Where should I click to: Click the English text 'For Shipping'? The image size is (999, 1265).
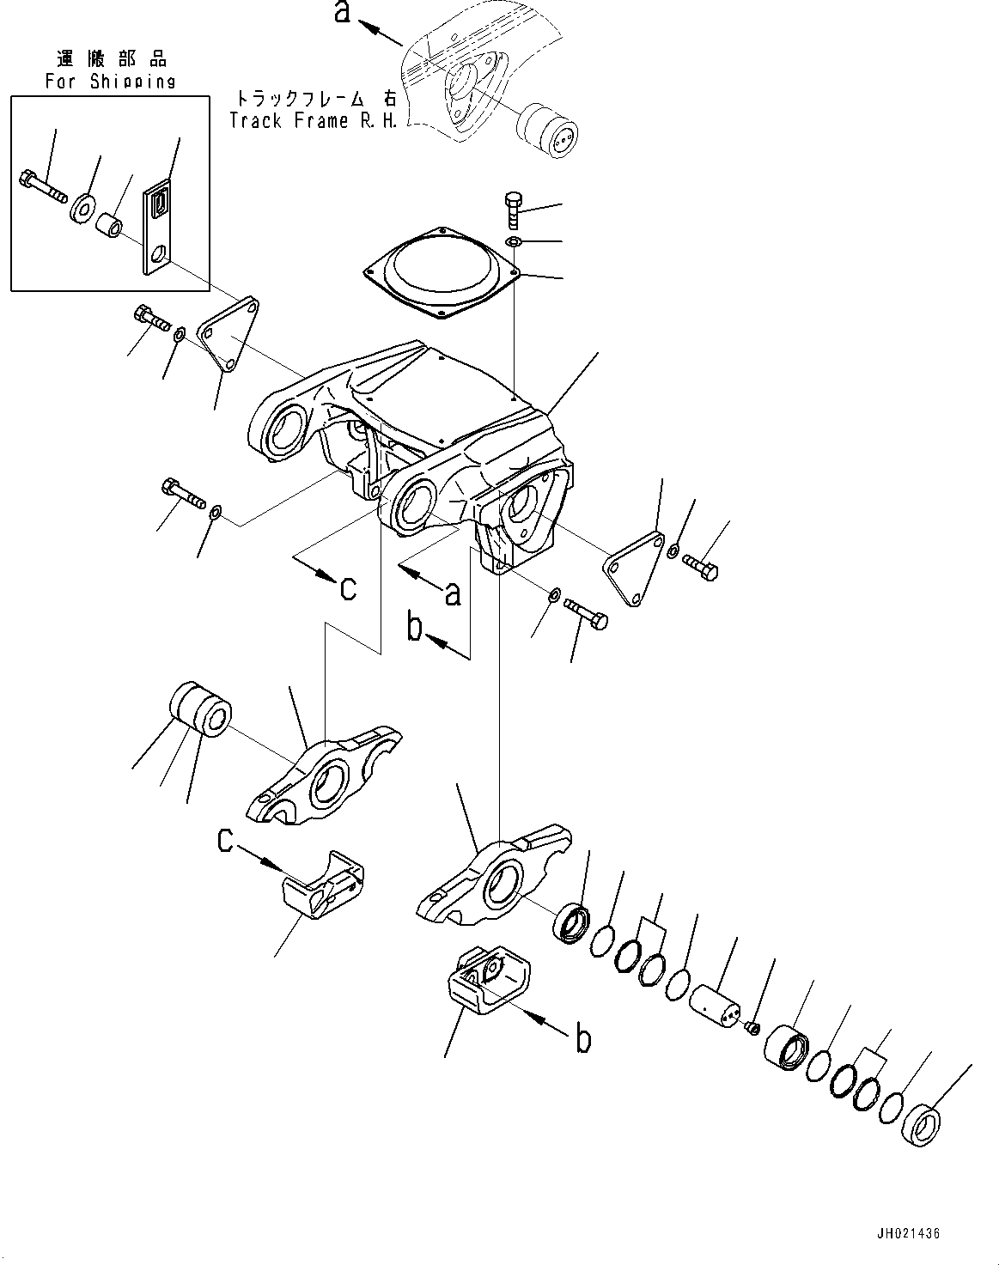coord(110,82)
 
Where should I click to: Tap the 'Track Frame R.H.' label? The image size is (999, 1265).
coord(314,120)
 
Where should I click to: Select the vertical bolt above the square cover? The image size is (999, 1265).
coord(511,209)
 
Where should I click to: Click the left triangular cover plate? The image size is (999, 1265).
coord(228,335)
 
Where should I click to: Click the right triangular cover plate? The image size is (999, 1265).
coord(634,569)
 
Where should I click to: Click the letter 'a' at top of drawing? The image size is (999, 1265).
coord(342,13)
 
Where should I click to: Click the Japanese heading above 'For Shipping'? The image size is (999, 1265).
coord(110,59)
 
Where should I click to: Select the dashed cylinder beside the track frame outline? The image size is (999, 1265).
coord(546,128)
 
